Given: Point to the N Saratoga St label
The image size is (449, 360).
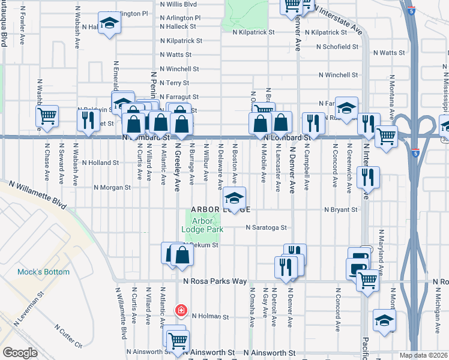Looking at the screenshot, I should click(267, 228).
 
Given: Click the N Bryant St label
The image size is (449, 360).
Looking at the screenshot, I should click(341, 210).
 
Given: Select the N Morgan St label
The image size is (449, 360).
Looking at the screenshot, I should click(112, 187).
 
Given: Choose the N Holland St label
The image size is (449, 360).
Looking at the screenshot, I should click(101, 163).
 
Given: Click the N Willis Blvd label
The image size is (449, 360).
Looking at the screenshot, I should click(178, 4).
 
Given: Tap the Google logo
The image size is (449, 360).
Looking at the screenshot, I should click(20, 353).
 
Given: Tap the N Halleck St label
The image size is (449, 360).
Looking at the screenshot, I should click(178, 26).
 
